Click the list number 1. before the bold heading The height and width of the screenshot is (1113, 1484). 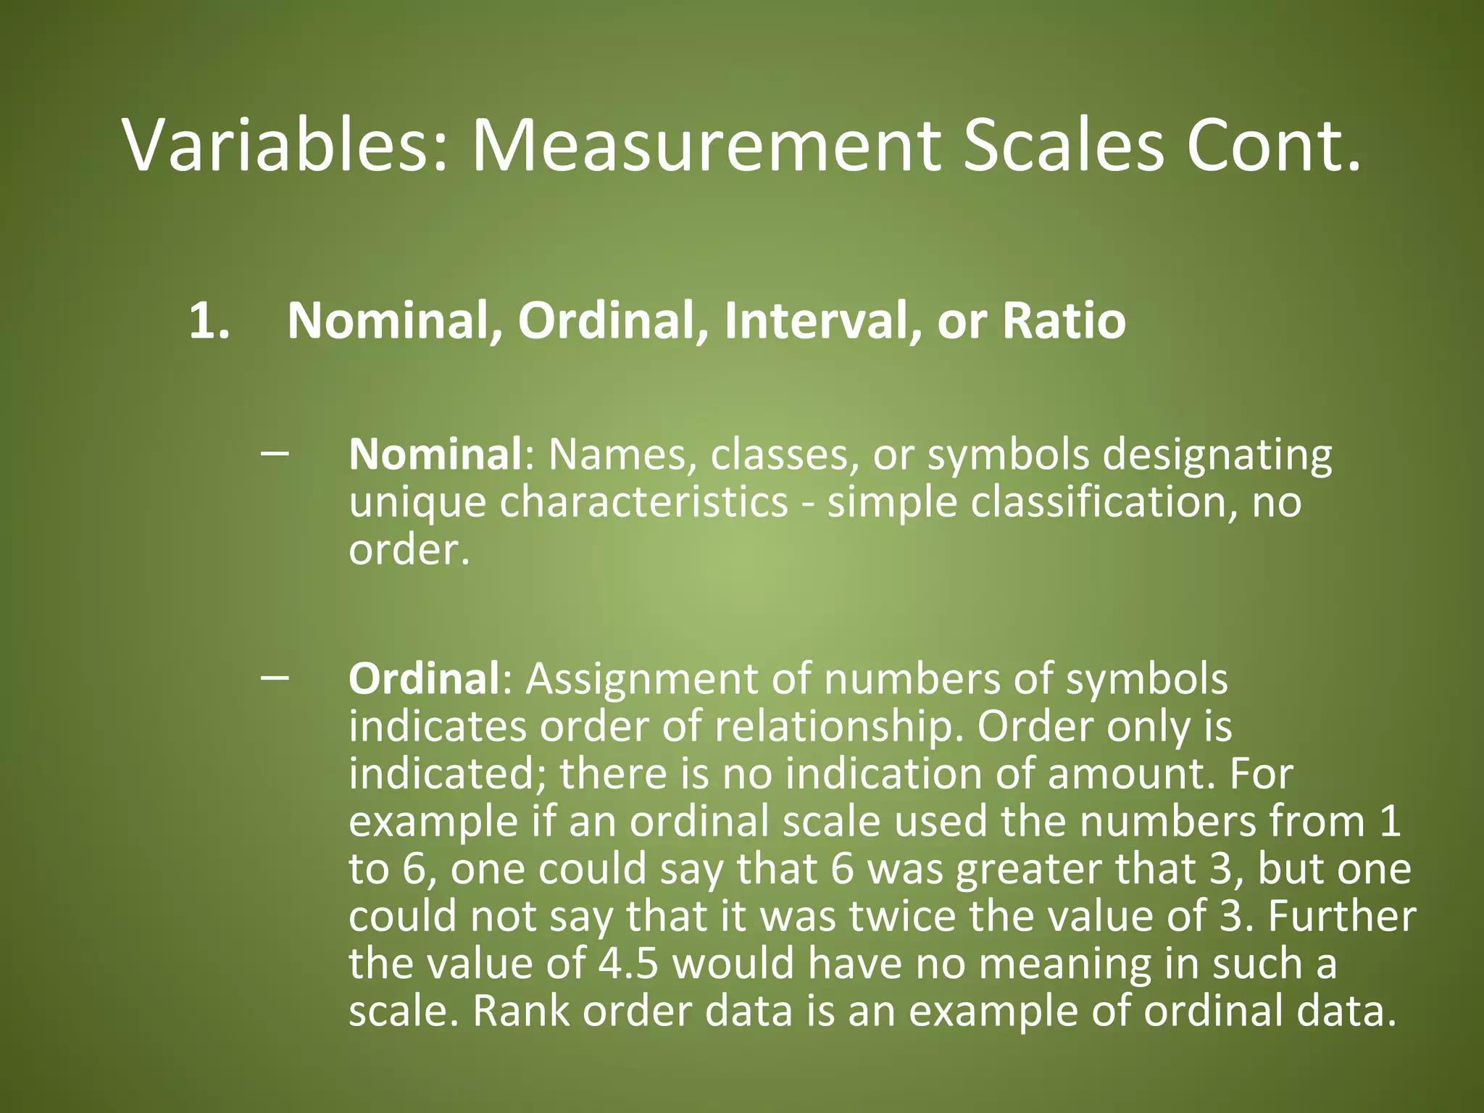pyautogui.click(x=209, y=320)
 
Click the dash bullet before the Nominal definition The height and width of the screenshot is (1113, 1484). pyautogui.click(x=275, y=453)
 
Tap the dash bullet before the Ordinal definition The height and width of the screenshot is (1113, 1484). pyautogui.click(x=275, y=677)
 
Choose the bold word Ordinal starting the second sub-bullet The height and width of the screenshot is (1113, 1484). pyautogui.click(x=424, y=679)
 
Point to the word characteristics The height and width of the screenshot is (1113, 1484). pyautogui.click(x=643, y=502)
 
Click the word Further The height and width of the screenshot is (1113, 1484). pyautogui.click(x=1341, y=916)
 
